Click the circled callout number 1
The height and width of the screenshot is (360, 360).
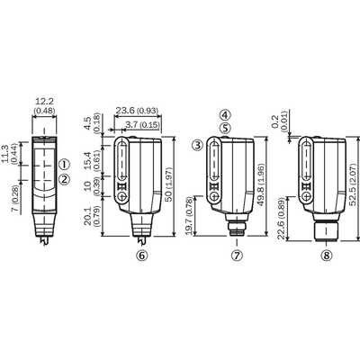coord(65,165)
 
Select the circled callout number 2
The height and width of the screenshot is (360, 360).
coord(65,179)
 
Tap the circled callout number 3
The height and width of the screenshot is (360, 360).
coord(197,146)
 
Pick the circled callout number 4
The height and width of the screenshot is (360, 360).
coord(225,115)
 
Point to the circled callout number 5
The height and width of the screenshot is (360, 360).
coord(225,128)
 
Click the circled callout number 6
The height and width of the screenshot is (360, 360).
coord(142,256)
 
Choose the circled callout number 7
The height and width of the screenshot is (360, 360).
coord(237,256)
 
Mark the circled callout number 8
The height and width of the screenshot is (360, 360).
coord(327,256)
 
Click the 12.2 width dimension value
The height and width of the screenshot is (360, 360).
coord(44,102)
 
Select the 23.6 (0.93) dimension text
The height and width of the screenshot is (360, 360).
coord(137,111)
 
